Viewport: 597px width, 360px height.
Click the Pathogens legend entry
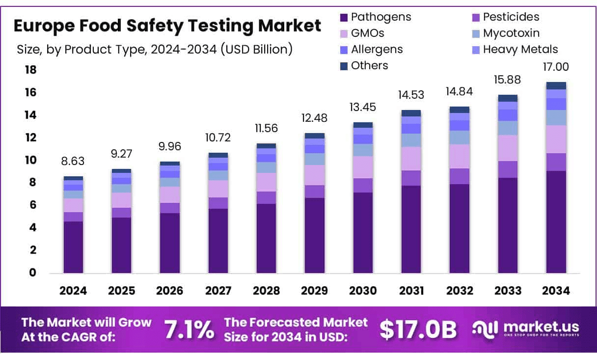[x=376, y=17]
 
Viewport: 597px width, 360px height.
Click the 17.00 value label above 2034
[x=556, y=67]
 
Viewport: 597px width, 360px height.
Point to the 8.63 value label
[x=73, y=162]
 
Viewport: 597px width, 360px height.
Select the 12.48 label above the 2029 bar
[x=315, y=118]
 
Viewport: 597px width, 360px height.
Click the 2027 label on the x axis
[x=218, y=290]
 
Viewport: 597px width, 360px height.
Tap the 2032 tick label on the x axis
[x=460, y=290]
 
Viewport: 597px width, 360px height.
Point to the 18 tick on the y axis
[x=30, y=70]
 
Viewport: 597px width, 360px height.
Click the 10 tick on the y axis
[x=30, y=160]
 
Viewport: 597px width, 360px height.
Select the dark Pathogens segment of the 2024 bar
[x=73, y=247]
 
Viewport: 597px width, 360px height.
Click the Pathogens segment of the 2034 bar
[x=556, y=222]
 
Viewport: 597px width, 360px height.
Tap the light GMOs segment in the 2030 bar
[x=363, y=167]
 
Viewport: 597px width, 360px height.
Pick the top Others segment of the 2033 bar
[x=508, y=98]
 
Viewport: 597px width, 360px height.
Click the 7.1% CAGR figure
[x=189, y=330]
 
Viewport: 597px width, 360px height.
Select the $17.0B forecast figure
[x=418, y=330]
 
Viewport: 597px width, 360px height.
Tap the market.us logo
[x=525, y=329]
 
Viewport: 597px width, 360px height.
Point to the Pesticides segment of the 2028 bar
[x=266, y=197]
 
